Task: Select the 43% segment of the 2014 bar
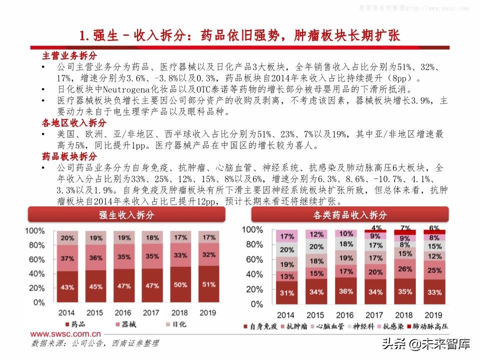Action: (67, 287)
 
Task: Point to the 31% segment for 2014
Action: (286, 292)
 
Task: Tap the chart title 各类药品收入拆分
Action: (350, 215)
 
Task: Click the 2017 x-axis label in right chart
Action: (375, 315)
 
